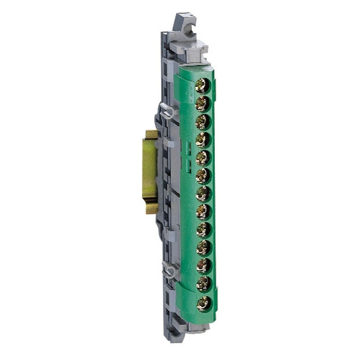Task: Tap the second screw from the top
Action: pos(203,104)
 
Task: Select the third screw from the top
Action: pos(203,122)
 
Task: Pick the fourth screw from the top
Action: pos(203,140)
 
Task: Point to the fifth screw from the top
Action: pos(203,158)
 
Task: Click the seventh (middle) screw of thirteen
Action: pos(203,194)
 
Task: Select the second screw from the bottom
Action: pos(203,284)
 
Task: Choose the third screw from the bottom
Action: pos(203,266)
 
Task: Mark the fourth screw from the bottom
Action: pos(203,248)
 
